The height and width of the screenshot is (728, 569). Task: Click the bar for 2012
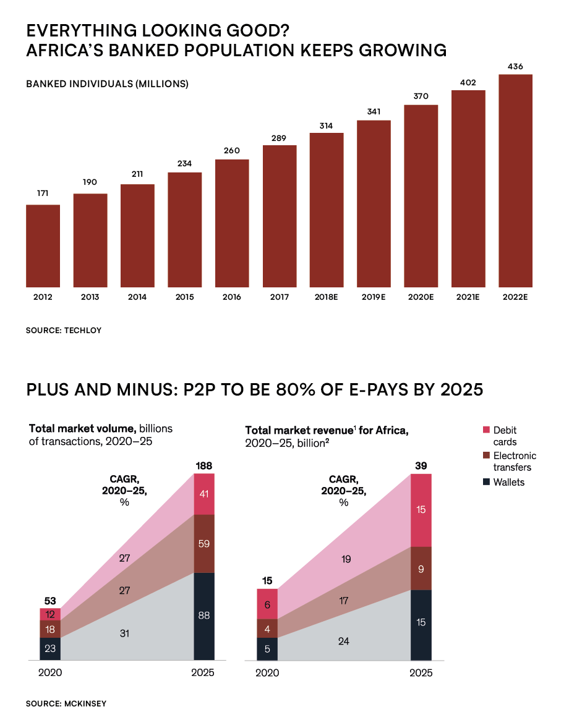(43, 246)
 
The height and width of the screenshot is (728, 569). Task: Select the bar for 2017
(280, 216)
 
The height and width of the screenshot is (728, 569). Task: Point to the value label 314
(327, 126)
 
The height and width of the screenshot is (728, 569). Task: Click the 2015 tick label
(184, 297)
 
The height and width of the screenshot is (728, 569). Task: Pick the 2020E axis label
(421, 297)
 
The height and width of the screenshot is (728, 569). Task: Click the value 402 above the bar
(468, 83)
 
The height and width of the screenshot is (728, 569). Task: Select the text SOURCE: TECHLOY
(64, 331)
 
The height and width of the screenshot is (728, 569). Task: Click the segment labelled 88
(204, 616)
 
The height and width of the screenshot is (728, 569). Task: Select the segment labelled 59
(204, 544)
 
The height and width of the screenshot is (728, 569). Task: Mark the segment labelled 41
(204, 494)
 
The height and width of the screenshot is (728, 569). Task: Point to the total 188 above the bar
(204, 465)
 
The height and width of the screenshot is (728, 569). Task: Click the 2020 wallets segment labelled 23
(50, 649)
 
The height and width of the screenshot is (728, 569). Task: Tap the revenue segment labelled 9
(421, 569)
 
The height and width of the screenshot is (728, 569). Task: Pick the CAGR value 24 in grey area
(344, 641)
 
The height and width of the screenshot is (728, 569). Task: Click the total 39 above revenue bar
(421, 465)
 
